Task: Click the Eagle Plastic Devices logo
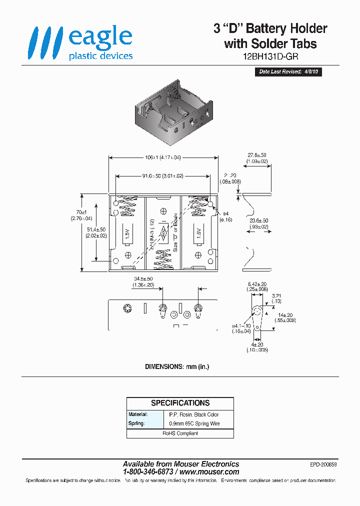coord(80,43)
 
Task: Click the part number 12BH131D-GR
coord(270,56)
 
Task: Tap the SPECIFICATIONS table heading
coord(180,403)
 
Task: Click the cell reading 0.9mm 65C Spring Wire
coord(194,423)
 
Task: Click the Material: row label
coord(138,414)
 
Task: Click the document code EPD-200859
coord(323,464)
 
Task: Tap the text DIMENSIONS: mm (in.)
coord(177,366)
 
